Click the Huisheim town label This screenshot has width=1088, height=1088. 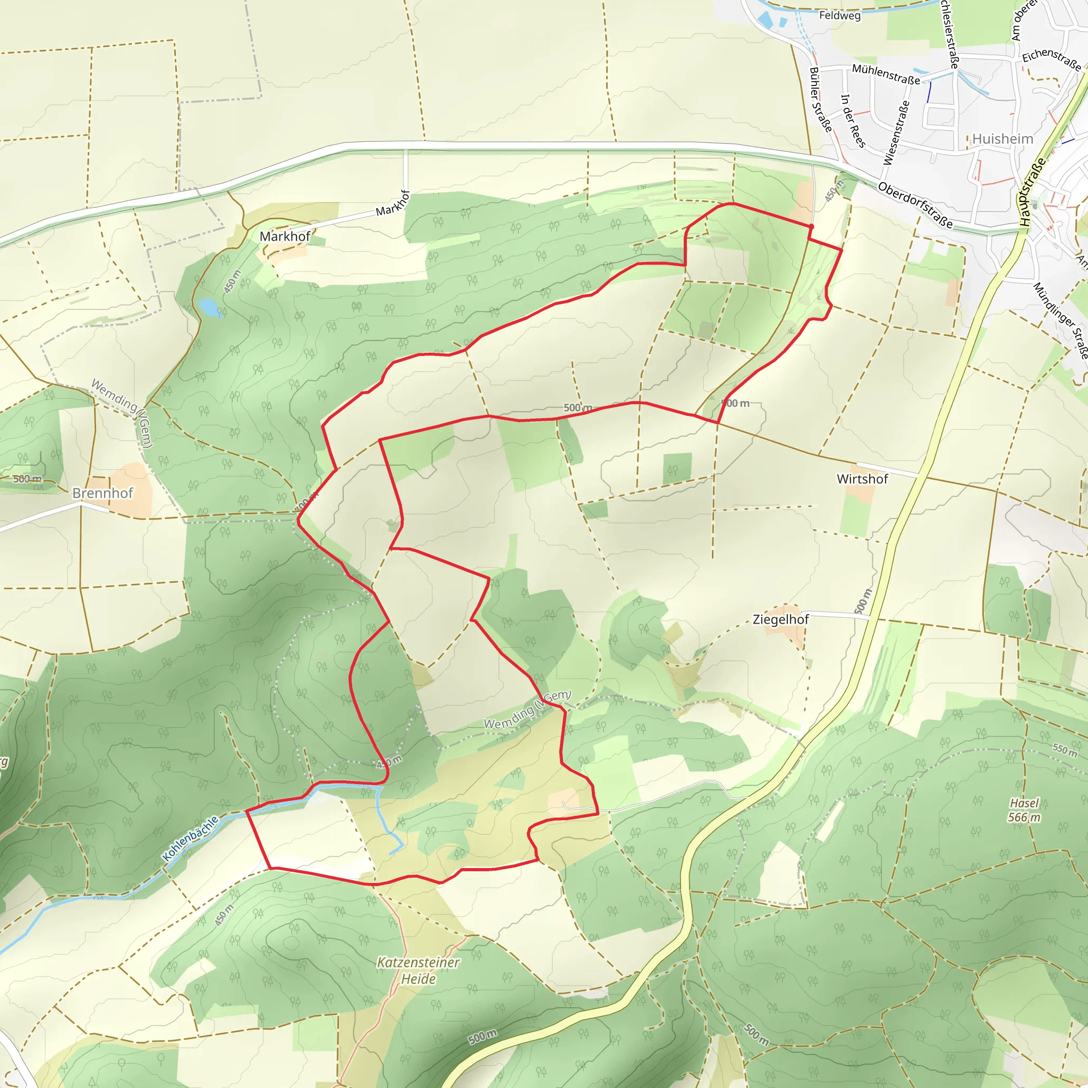point(1002,139)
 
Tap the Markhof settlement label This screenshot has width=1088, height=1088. point(285,236)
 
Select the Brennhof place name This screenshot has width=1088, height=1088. point(103,494)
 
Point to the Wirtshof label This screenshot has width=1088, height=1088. point(862,479)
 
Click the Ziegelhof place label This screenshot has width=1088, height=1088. point(780,619)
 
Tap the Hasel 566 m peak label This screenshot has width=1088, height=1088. point(1024,810)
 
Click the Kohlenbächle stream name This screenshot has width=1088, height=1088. point(190,838)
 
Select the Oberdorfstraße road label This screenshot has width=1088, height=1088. point(915,205)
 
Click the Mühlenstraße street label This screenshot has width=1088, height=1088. point(886,74)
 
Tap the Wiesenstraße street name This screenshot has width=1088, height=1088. point(897,133)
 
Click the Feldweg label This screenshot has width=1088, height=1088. point(840,15)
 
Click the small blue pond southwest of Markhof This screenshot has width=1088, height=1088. point(208,307)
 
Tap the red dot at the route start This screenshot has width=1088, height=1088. point(811,226)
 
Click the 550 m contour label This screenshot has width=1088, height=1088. point(1064,750)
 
